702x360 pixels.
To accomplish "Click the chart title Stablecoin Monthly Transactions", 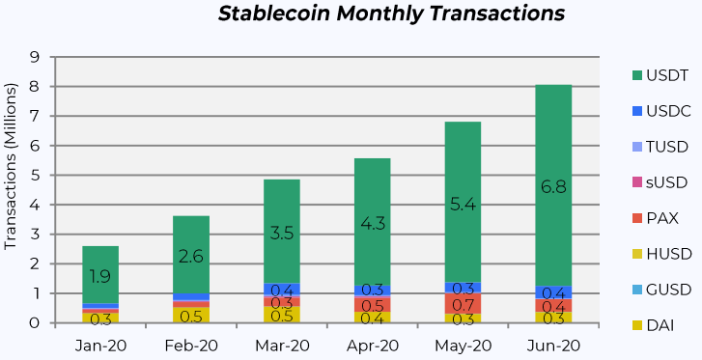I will pyautogui.click(x=391, y=14).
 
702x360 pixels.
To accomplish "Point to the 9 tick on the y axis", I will pyautogui.click(x=34, y=57).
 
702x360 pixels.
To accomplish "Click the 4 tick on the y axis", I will pyautogui.click(x=34, y=205).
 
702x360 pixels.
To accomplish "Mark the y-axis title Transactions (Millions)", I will pyautogui.click(x=12, y=190).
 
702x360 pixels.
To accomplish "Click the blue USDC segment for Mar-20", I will pyautogui.click(x=282, y=290).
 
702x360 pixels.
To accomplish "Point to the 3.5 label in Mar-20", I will pyautogui.click(x=282, y=232).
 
